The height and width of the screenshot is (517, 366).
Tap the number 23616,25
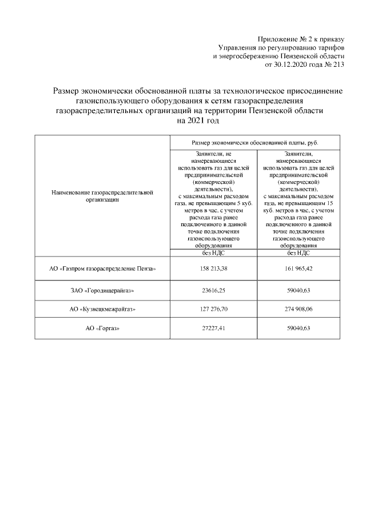(213, 290)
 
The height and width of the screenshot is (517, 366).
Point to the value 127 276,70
(213, 309)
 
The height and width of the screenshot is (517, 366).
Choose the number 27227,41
(213, 328)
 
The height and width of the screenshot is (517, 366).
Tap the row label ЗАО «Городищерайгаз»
(102, 290)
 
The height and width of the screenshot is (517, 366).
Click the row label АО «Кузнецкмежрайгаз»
(102, 309)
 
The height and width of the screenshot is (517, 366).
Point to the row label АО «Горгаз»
(102, 328)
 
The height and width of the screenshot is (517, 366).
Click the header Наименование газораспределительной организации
(102, 197)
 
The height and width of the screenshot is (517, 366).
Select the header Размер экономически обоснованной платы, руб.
(255, 142)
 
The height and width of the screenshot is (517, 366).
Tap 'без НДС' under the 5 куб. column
(213, 252)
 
